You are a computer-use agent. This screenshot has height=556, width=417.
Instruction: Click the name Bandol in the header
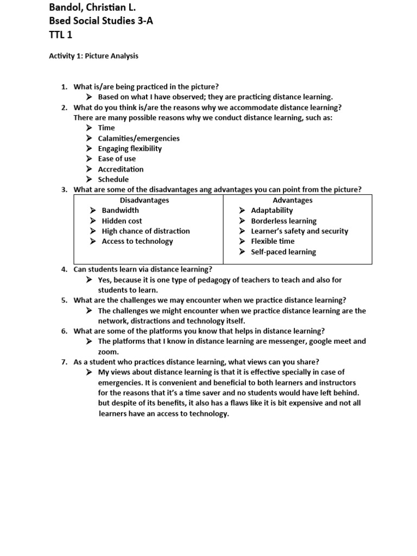coord(67,8)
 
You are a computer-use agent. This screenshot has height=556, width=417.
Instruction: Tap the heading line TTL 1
coord(61,35)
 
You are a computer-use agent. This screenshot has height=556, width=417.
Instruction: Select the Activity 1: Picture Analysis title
coord(93,56)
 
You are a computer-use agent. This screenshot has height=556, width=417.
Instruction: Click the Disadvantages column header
coord(144,200)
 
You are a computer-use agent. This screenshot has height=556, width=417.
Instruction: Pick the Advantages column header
coord(293,200)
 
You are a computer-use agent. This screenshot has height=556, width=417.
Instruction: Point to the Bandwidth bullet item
coord(120,211)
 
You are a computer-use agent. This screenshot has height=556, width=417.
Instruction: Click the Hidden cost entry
coord(122,221)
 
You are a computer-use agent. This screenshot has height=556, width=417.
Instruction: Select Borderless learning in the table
coord(283,221)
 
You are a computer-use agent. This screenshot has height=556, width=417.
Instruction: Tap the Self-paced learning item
coord(283,252)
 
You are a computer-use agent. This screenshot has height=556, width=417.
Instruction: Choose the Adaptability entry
coord(271,211)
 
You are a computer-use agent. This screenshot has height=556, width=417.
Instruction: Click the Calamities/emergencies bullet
coord(138,138)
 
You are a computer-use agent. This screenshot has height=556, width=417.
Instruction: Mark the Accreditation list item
coord(121,169)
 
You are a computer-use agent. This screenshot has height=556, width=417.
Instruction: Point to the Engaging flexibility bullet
coord(130,149)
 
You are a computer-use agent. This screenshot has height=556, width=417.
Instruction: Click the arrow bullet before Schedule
coord(89,180)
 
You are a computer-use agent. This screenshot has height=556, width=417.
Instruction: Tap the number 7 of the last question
coord(64,362)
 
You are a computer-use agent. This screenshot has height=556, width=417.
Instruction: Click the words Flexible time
coord(273,242)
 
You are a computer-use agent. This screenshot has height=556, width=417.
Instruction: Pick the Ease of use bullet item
coord(117,159)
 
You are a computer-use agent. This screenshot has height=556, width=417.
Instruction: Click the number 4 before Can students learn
coord(64,269)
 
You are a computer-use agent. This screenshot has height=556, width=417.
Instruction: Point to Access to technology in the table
coord(137,242)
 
